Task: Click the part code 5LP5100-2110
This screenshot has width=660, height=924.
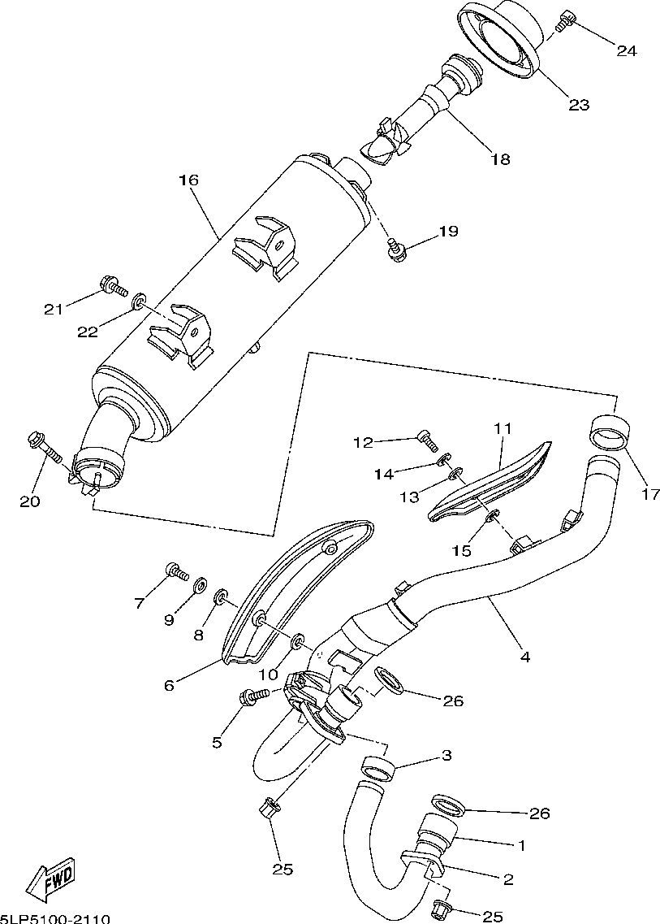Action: coord(54,917)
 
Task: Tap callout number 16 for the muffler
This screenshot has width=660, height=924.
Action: coord(188,180)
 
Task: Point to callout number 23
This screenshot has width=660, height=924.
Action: coord(578,104)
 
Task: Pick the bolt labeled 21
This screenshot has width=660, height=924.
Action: coord(112,285)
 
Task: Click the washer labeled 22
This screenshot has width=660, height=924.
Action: coord(139,302)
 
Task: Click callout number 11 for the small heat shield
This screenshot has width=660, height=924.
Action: coord(501,427)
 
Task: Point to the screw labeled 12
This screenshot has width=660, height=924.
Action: coord(426,440)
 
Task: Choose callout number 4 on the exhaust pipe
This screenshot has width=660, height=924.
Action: coord(525,656)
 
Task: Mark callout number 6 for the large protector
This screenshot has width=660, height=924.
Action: coord(169,684)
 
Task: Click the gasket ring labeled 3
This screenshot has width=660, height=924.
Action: coord(379,766)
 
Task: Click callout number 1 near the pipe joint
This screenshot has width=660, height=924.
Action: coord(522,845)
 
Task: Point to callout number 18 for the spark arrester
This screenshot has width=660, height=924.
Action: coord(500,158)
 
